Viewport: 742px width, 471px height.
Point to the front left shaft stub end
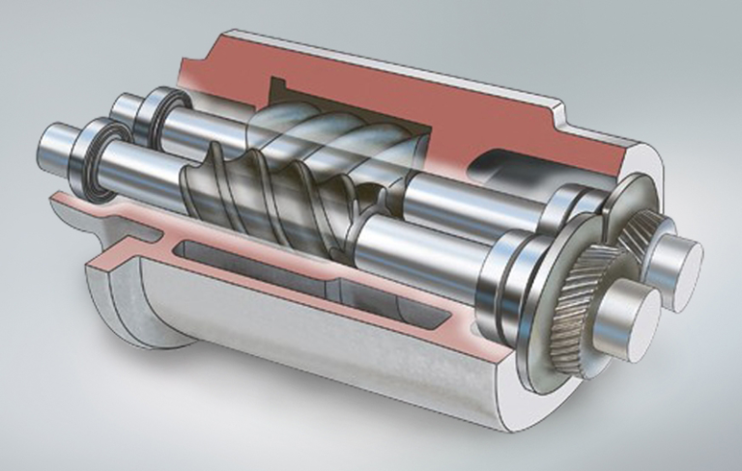click(x=53, y=152)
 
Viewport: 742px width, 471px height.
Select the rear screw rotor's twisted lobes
click(x=319, y=135)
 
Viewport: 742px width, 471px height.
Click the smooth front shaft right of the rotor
click(x=425, y=246)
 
